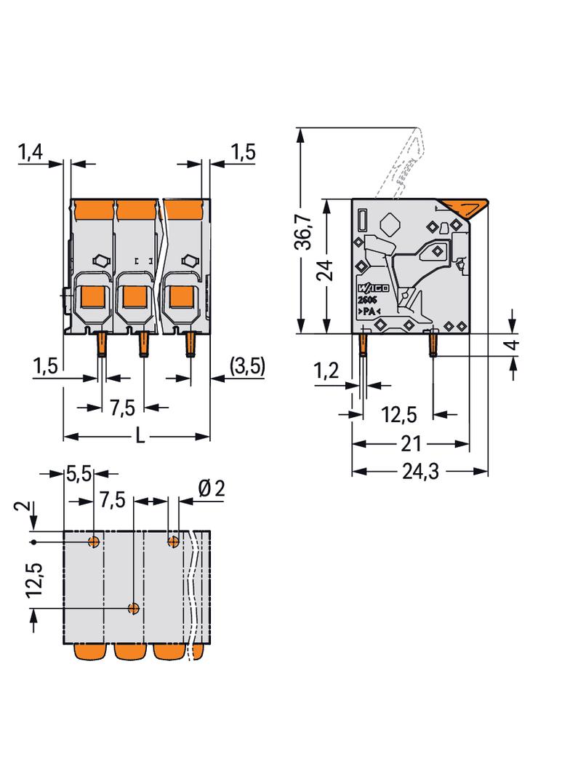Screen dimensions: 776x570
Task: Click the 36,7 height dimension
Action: tap(305, 231)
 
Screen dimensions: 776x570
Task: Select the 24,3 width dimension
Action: tap(420, 472)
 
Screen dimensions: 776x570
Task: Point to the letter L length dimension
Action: tap(140, 437)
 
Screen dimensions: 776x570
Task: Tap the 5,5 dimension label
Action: tap(78, 475)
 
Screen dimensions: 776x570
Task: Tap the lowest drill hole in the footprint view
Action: tap(134, 608)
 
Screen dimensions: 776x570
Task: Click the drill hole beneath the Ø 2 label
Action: tap(173, 541)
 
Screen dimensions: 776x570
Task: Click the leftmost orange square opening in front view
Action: tap(92, 297)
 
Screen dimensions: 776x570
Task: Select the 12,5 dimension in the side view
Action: tap(398, 415)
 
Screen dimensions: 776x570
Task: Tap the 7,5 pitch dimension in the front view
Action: tap(122, 407)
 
